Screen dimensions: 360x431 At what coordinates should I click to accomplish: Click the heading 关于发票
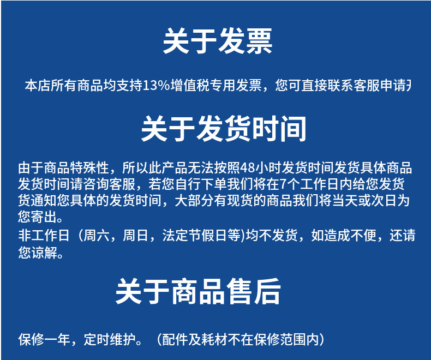pyautogui.click(x=217, y=41)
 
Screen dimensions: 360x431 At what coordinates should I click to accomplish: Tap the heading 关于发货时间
pyautogui.click(x=224, y=129)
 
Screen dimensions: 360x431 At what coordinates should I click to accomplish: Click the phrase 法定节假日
pyautogui.click(x=194, y=236)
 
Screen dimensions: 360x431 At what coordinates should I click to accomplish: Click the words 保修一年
pyautogui.click(x=44, y=339)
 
